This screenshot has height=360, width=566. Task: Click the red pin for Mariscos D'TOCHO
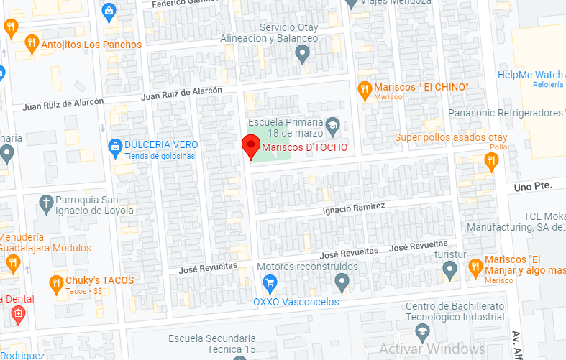(250, 146)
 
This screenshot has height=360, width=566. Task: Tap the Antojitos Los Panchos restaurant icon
(31, 44)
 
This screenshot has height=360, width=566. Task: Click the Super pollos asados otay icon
(492, 161)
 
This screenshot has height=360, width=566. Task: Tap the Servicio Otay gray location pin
(303, 52)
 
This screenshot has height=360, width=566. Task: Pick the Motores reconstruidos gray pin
(342, 281)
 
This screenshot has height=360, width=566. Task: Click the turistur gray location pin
(449, 269)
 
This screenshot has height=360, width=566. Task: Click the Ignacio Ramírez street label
(355, 208)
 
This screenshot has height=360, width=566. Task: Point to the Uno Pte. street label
(533, 186)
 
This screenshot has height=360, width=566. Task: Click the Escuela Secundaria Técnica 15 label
(212, 343)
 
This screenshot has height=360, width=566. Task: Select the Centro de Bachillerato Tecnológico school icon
(422, 331)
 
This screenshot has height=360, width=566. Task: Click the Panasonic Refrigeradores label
(506, 114)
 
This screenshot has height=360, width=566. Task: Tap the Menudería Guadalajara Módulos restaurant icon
(12, 264)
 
